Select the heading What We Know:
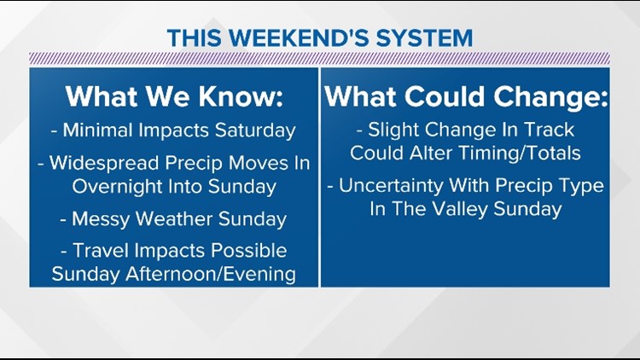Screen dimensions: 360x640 [x=174, y=96]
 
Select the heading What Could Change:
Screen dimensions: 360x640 [x=466, y=96]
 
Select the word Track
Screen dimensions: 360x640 [x=550, y=131]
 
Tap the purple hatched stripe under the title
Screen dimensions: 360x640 [x=320, y=59]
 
